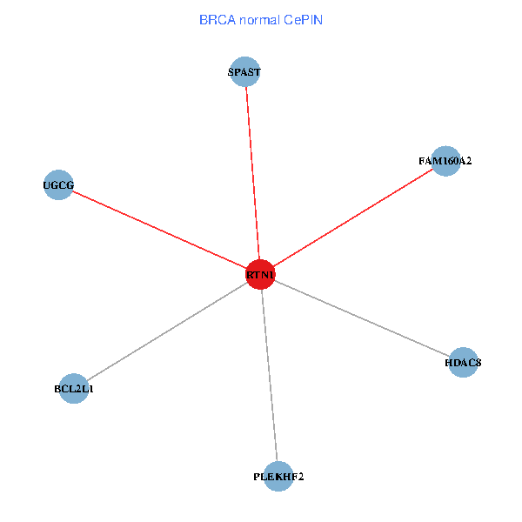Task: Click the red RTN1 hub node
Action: pyautogui.click(x=260, y=275)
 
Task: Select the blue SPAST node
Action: pyautogui.click(x=244, y=72)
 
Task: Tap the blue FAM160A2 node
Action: pyautogui.click(x=445, y=161)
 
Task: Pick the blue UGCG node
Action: pyautogui.click(x=58, y=184)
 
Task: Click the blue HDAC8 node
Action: pyautogui.click(x=463, y=362)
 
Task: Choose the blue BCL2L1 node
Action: pyautogui.click(x=74, y=389)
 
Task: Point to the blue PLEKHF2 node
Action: pyautogui.click(x=278, y=476)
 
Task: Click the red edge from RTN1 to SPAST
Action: pyautogui.click(x=252, y=174)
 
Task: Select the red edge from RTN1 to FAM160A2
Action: pyautogui.click(x=352, y=218)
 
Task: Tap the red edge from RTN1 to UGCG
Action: pyautogui.click(x=159, y=230)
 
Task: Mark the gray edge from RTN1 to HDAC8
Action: pyautogui.click(x=361, y=318)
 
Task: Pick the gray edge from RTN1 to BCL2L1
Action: pyautogui.click(x=167, y=332)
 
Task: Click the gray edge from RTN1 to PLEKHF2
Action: pyautogui.click(x=269, y=376)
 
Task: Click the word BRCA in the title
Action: pyautogui.click(x=217, y=19)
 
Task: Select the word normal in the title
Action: pyautogui.click(x=258, y=19)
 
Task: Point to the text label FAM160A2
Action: pyautogui.click(x=445, y=161)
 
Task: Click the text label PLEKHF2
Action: pyautogui.click(x=278, y=477)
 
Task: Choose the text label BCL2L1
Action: pyautogui.click(x=74, y=389)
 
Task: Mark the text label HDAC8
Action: pyautogui.click(x=463, y=362)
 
